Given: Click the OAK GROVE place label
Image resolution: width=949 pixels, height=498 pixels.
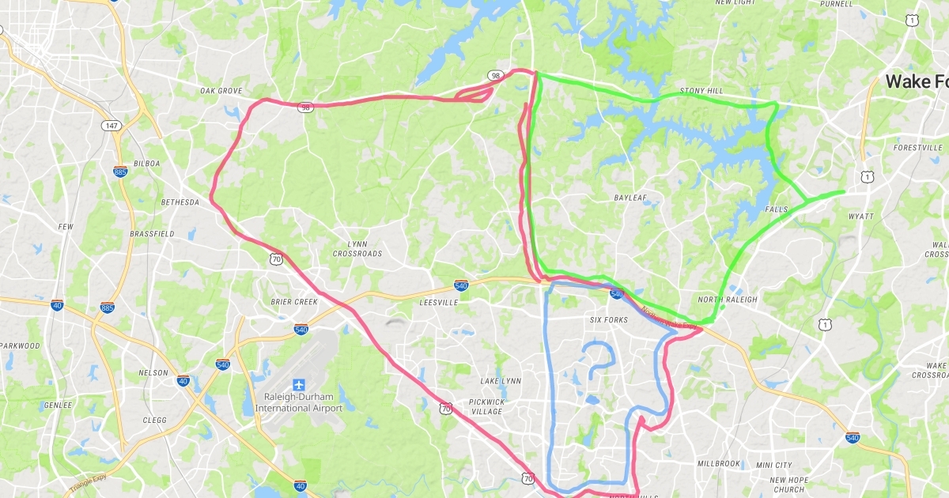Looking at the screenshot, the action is point(221,91).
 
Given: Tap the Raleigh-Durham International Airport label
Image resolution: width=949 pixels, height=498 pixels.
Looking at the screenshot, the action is point(299,402).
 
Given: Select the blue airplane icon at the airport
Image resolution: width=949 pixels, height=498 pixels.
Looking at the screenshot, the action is point(299,384).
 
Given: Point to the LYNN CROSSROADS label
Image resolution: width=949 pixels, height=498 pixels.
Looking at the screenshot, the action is point(358,248).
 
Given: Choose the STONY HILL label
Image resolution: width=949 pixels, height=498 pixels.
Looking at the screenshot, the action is point(701,92).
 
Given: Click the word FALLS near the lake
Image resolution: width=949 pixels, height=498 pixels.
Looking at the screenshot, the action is point(777,209).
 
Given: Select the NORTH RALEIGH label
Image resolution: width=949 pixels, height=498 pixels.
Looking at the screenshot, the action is point(728,300).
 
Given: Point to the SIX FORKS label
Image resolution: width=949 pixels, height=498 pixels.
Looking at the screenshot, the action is point(609,319).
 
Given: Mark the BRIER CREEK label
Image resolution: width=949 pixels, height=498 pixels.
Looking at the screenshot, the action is point(293,302).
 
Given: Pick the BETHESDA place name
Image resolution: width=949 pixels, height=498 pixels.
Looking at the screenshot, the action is point(180,202).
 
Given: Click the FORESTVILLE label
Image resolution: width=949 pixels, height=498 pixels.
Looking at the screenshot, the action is point(917,147).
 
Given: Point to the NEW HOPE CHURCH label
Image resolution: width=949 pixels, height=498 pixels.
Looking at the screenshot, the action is point(788,485).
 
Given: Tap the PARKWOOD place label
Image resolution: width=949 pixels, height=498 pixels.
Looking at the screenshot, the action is point(20,345).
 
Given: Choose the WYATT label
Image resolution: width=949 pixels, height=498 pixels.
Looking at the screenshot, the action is point(860,216).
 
